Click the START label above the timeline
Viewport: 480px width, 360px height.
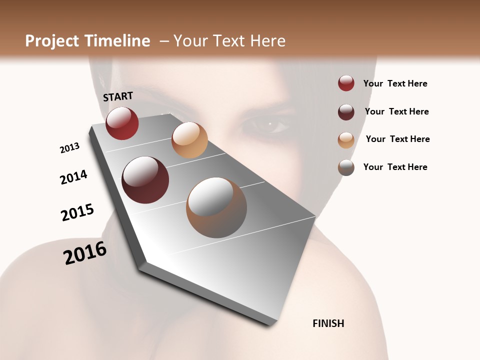click(x=118, y=96)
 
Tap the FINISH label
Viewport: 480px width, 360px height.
click(x=328, y=323)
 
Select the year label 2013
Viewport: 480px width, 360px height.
click(x=69, y=148)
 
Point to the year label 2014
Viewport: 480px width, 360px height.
click(x=73, y=177)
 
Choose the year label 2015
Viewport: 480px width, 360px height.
click(x=77, y=212)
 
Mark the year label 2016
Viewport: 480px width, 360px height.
click(x=85, y=253)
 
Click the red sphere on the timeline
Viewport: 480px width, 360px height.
click(x=122, y=123)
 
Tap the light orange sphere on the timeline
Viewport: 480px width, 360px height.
click(x=189, y=140)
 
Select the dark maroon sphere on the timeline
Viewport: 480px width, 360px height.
click(x=145, y=180)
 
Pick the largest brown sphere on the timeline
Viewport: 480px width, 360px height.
click(x=216, y=207)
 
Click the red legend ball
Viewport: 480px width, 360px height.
click(x=346, y=83)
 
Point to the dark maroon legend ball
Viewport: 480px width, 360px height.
click(x=346, y=111)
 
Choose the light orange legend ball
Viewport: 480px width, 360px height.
click(x=346, y=140)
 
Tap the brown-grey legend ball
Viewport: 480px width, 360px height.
click(x=346, y=167)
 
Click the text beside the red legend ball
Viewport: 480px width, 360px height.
click(x=395, y=83)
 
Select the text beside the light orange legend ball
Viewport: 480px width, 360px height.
click(x=397, y=139)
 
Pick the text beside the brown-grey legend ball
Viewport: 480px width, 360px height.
click(x=395, y=167)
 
